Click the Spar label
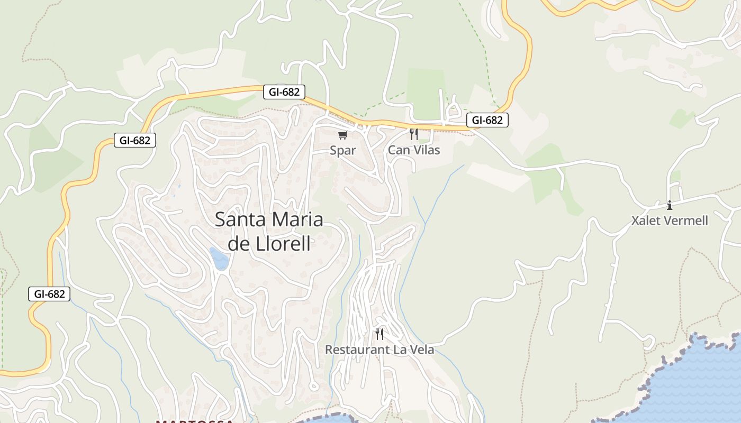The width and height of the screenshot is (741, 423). pos(343,150)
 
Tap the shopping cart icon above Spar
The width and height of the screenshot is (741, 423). pos(343,135)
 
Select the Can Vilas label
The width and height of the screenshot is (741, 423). pos(414,150)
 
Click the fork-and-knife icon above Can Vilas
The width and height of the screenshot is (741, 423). pos(414,134)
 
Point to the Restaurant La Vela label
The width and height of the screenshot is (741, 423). pos(379,350)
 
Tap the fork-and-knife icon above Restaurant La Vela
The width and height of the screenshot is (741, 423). pos(379,334)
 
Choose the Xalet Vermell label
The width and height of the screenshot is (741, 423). pos(670,220)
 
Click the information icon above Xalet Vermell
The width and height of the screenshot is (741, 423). pos(670,205)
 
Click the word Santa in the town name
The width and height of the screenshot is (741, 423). pos(241,219)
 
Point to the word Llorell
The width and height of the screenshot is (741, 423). pos(285,244)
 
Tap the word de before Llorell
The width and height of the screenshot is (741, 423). pos(238,244)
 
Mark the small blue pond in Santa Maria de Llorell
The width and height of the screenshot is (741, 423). pos(219,258)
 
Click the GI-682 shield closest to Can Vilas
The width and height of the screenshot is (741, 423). pos(487,120)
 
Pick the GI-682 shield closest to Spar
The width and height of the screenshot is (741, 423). pos(284,92)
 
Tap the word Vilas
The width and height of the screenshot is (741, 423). pos(427,150)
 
